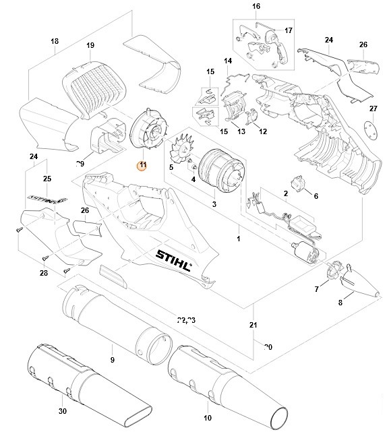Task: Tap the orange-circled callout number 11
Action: pos(142,165)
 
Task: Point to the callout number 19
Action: pos(90,45)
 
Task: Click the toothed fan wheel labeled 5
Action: pos(182,149)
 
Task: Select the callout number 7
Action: pos(316,288)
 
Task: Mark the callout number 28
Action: pos(43,273)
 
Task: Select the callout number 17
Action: pos(289,30)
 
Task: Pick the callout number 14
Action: pos(227,62)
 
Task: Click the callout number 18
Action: pos(55,42)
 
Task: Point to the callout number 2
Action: pos(286,194)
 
